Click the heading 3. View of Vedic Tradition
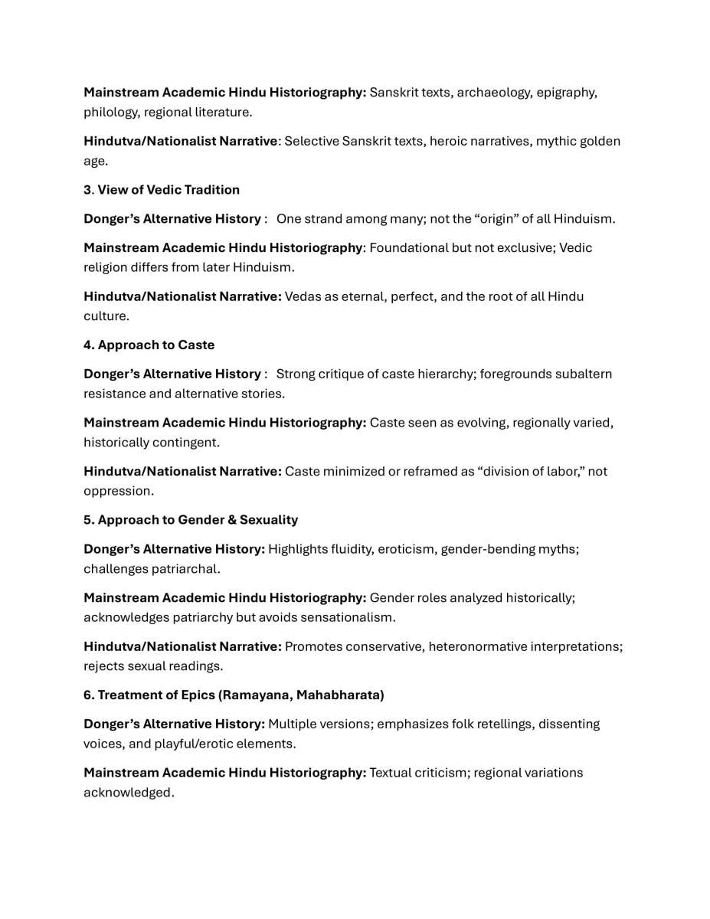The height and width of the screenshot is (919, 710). coord(162,190)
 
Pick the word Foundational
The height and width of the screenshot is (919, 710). coord(406,248)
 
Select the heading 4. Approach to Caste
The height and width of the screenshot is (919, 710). coord(149,345)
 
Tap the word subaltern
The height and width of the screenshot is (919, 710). coord(585,374)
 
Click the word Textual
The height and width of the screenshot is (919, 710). coord(392,773)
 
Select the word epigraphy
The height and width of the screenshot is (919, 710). coord(567,93)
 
